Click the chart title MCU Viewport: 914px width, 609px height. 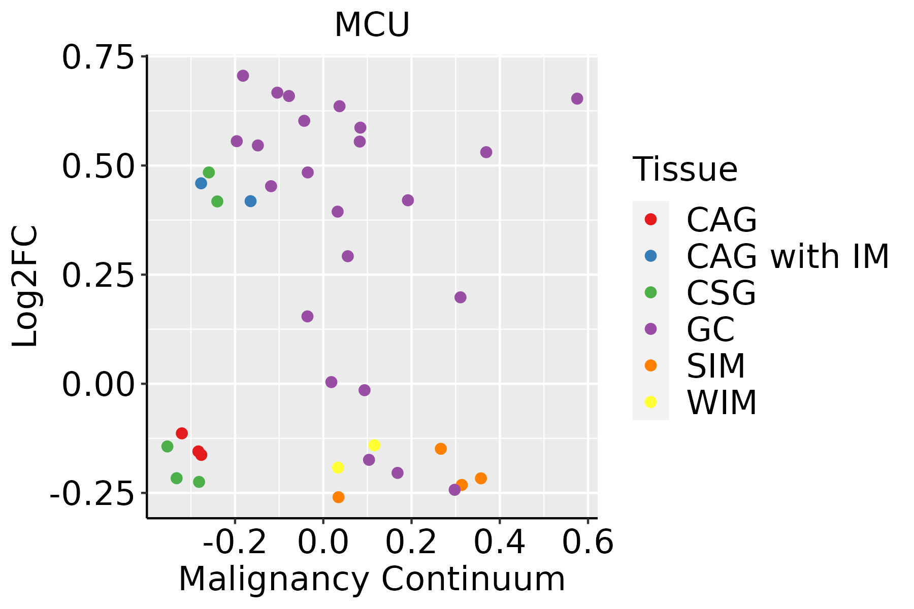pos(372,24)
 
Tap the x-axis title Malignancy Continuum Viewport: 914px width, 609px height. pos(372,579)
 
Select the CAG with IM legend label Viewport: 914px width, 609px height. pos(788,256)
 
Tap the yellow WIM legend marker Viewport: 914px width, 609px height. pos(650,402)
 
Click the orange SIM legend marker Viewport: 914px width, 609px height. pos(650,365)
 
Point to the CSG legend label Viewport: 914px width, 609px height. pos(721,293)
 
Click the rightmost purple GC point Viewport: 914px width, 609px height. pos(577,98)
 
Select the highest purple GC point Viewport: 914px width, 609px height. pos(243,76)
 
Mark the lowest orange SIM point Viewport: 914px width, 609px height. pos(338,497)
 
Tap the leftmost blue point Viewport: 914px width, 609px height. pos(201,183)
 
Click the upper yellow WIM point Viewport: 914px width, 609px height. pos(374,445)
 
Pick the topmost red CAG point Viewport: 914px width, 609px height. pos(182,433)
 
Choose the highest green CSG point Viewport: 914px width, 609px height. pos(209,173)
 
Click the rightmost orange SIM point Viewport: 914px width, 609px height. pos(481,478)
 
